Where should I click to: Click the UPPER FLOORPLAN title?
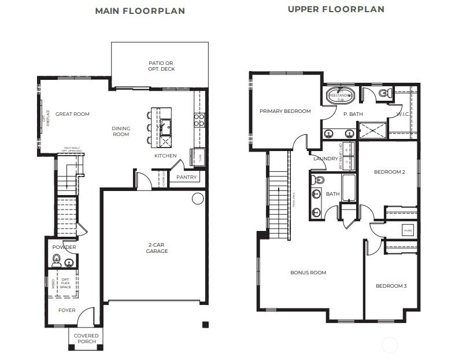pyautogui.click(x=336, y=9)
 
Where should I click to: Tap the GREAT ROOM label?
pyautogui.click(x=73, y=114)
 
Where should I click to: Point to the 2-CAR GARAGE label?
pyautogui.click(x=157, y=248)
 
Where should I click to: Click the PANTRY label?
pyautogui.click(x=186, y=177)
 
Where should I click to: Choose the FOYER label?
pyautogui.click(x=67, y=310)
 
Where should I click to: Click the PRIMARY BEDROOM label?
pyautogui.click(x=285, y=111)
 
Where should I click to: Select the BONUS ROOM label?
pyautogui.click(x=308, y=273)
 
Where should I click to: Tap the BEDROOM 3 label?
pyautogui.click(x=391, y=286)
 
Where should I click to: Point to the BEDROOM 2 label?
pyautogui.click(x=389, y=172)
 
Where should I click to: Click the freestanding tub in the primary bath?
pyautogui.click(x=340, y=95)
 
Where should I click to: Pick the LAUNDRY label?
pyautogui.click(x=325, y=159)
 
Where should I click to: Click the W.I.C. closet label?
pyautogui.click(x=403, y=114)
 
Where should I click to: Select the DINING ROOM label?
pyautogui.click(x=121, y=131)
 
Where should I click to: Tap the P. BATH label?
pyautogui.click(x=353, y=114)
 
